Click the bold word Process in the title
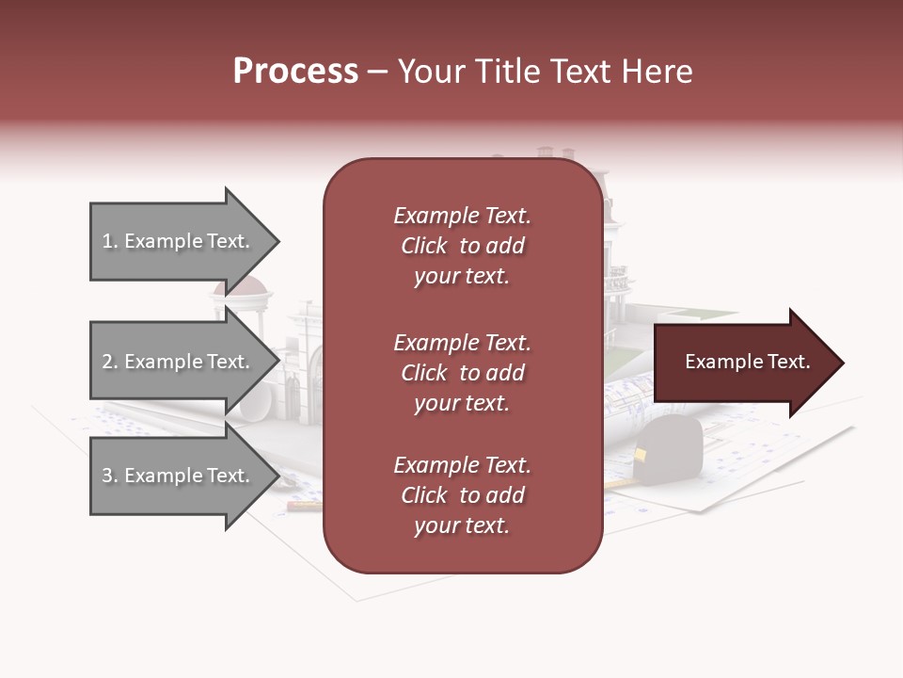pos(295,72)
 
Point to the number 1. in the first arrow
pos(110,241)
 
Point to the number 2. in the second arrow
pos(110,362)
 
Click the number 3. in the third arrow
pos(110,476)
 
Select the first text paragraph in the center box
pos(462,246)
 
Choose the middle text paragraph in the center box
pos(462,373)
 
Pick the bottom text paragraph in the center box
pos(462,495)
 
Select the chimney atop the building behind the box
pos(546,153)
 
